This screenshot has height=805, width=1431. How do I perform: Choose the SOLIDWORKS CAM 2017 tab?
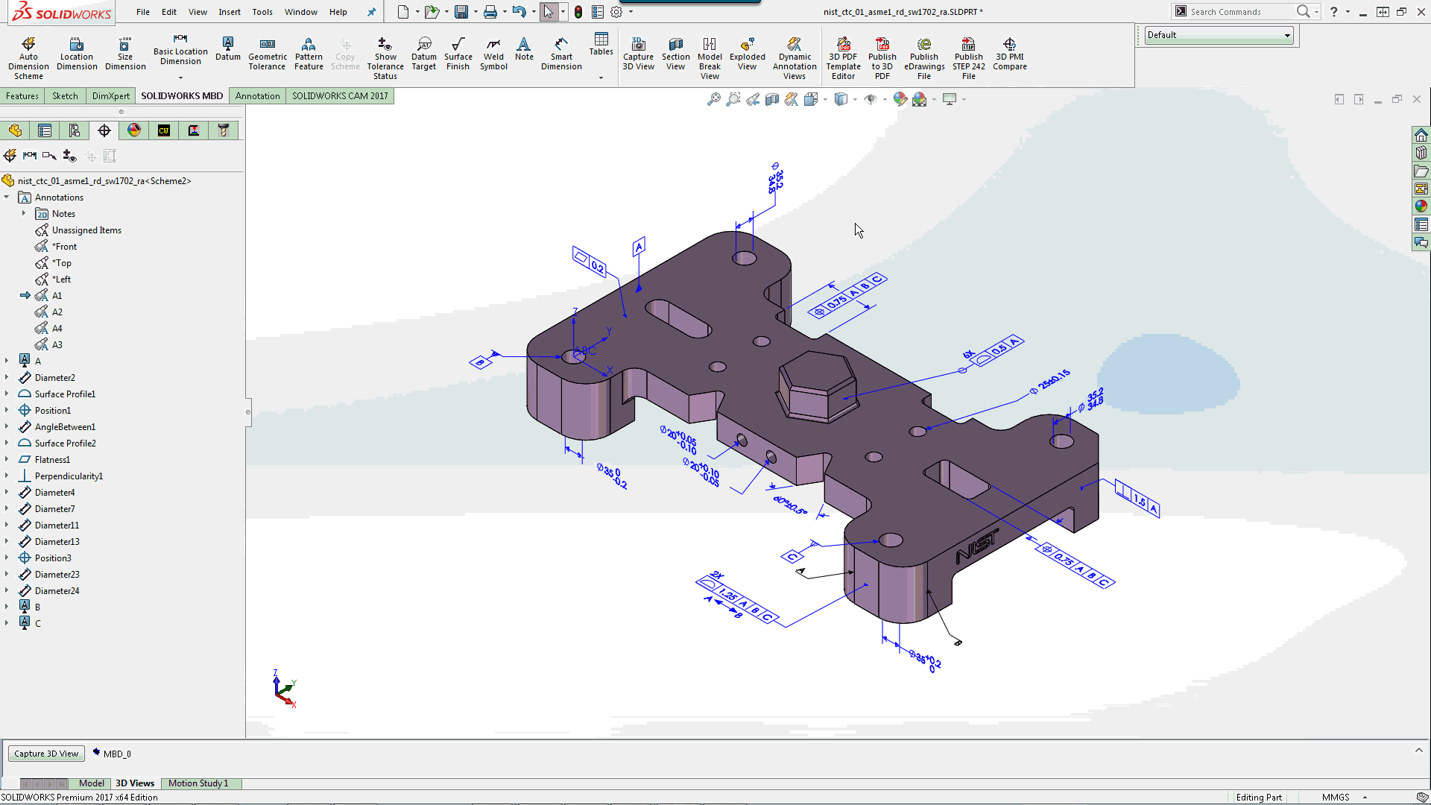[x=340, y=96]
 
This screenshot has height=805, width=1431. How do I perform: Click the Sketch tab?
[x=65, y=96]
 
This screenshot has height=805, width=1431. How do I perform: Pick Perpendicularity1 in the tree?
[x=69, y=476]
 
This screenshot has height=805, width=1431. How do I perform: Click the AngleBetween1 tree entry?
[x=65, y=427]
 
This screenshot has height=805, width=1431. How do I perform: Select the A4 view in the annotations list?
[x=57, y=329]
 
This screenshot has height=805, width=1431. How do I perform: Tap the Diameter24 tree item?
[x=57, y=591]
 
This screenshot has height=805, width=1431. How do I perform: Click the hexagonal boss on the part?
[x=817, y=384]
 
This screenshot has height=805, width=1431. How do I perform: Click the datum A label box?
[x=639, y=247]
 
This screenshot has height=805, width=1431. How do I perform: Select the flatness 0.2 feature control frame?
[x=590, y=262]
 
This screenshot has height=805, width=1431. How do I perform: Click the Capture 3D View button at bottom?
[x=46, y=754]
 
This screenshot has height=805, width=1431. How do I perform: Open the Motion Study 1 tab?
[x=198, y=783]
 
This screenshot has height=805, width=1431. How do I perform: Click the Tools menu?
[x=262, y=12]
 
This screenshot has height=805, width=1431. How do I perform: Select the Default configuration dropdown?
[x=1218, y=35]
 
